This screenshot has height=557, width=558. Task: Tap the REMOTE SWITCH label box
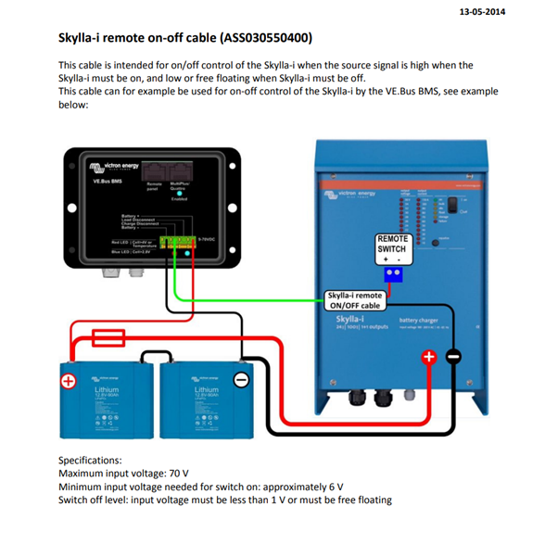392,244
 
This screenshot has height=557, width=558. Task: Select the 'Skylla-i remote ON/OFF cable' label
356,300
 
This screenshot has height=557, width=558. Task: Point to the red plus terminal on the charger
429,356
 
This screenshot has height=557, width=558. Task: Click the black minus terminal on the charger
453,356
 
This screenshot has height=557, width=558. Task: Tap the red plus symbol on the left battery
69,381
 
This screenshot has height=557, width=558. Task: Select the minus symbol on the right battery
240,380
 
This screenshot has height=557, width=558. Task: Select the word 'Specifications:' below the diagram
90,461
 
